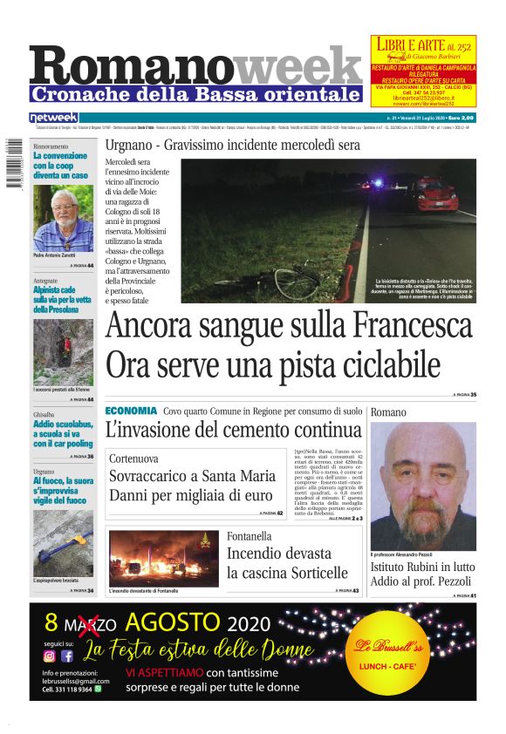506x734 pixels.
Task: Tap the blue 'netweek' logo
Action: point(53,118)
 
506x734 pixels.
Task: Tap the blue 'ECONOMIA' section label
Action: point(131,411)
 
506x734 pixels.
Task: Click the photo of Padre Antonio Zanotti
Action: point(63,217)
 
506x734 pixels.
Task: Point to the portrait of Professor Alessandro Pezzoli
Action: point(423,485)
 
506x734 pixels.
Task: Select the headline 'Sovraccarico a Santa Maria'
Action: point(192,477)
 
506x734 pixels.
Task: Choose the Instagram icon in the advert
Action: point(50,656)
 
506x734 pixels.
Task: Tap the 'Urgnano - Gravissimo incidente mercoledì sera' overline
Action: point(232,145)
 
